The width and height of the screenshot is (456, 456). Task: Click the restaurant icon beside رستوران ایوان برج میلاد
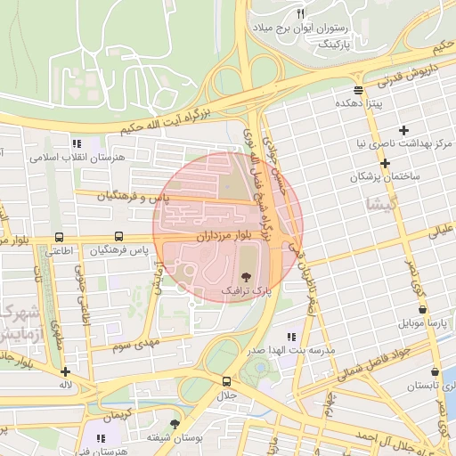coord(300,13)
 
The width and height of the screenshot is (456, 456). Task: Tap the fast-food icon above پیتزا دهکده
coord(358,90)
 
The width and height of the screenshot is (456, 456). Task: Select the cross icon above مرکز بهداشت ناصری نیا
coord(404,130)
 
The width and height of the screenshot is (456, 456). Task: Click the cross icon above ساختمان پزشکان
coord(385,164)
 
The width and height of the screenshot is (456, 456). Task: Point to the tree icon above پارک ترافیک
coord(247,277)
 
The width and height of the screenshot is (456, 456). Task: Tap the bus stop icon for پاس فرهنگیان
coord(118,237)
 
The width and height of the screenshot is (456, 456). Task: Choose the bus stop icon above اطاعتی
coord(59,237)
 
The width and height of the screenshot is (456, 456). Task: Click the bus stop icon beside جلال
coord(225,381)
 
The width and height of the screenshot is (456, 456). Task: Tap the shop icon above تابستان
coord(435,372)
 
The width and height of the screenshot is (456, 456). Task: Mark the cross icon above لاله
coord(65,371)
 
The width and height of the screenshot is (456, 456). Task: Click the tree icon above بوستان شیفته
coord(175,424)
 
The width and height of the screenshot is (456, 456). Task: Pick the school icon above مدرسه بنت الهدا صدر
coord(290,337)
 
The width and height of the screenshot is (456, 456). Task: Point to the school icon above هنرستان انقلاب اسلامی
coord(77,142)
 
